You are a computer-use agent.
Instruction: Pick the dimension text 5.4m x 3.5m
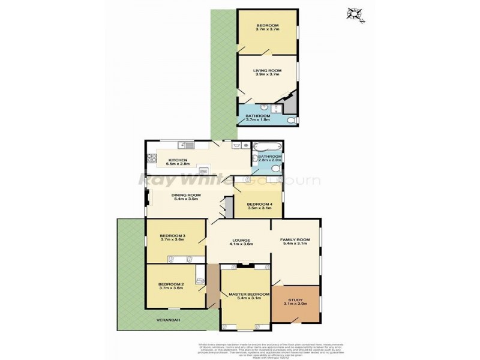click(x=186, y=199)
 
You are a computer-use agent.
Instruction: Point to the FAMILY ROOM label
click(x=295, y=240)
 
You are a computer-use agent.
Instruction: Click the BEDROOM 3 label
click(x=173, y=236)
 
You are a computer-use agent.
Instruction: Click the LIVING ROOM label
click(x=266, y=70)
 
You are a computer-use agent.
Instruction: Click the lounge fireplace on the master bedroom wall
click(x=245, y=264)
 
